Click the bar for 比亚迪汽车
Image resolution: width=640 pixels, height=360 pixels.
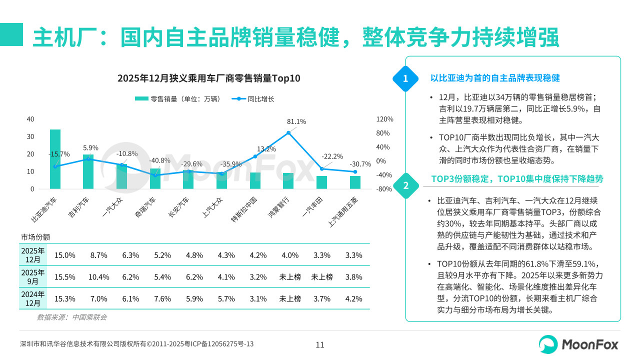55,159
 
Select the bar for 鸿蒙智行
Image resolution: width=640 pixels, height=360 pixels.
288,181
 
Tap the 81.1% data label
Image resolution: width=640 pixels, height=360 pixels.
296,121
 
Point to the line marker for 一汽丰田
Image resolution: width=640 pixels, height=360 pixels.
321,169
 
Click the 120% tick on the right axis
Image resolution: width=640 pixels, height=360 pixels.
384,119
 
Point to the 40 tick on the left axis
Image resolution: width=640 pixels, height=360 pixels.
30,119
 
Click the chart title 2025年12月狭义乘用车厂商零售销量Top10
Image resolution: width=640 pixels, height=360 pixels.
209,78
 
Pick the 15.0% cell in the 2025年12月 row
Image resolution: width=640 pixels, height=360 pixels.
65,255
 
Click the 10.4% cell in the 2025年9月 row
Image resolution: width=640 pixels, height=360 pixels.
98,277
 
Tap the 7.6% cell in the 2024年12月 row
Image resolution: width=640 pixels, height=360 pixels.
162,299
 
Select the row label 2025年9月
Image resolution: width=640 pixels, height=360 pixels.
32,277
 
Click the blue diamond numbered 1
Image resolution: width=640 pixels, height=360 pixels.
405,78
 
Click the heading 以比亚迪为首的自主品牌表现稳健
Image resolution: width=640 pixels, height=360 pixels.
495,78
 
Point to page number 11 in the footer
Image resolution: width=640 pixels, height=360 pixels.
320,344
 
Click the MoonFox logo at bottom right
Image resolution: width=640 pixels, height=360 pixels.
578,344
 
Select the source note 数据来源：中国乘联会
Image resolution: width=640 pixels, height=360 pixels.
72,317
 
